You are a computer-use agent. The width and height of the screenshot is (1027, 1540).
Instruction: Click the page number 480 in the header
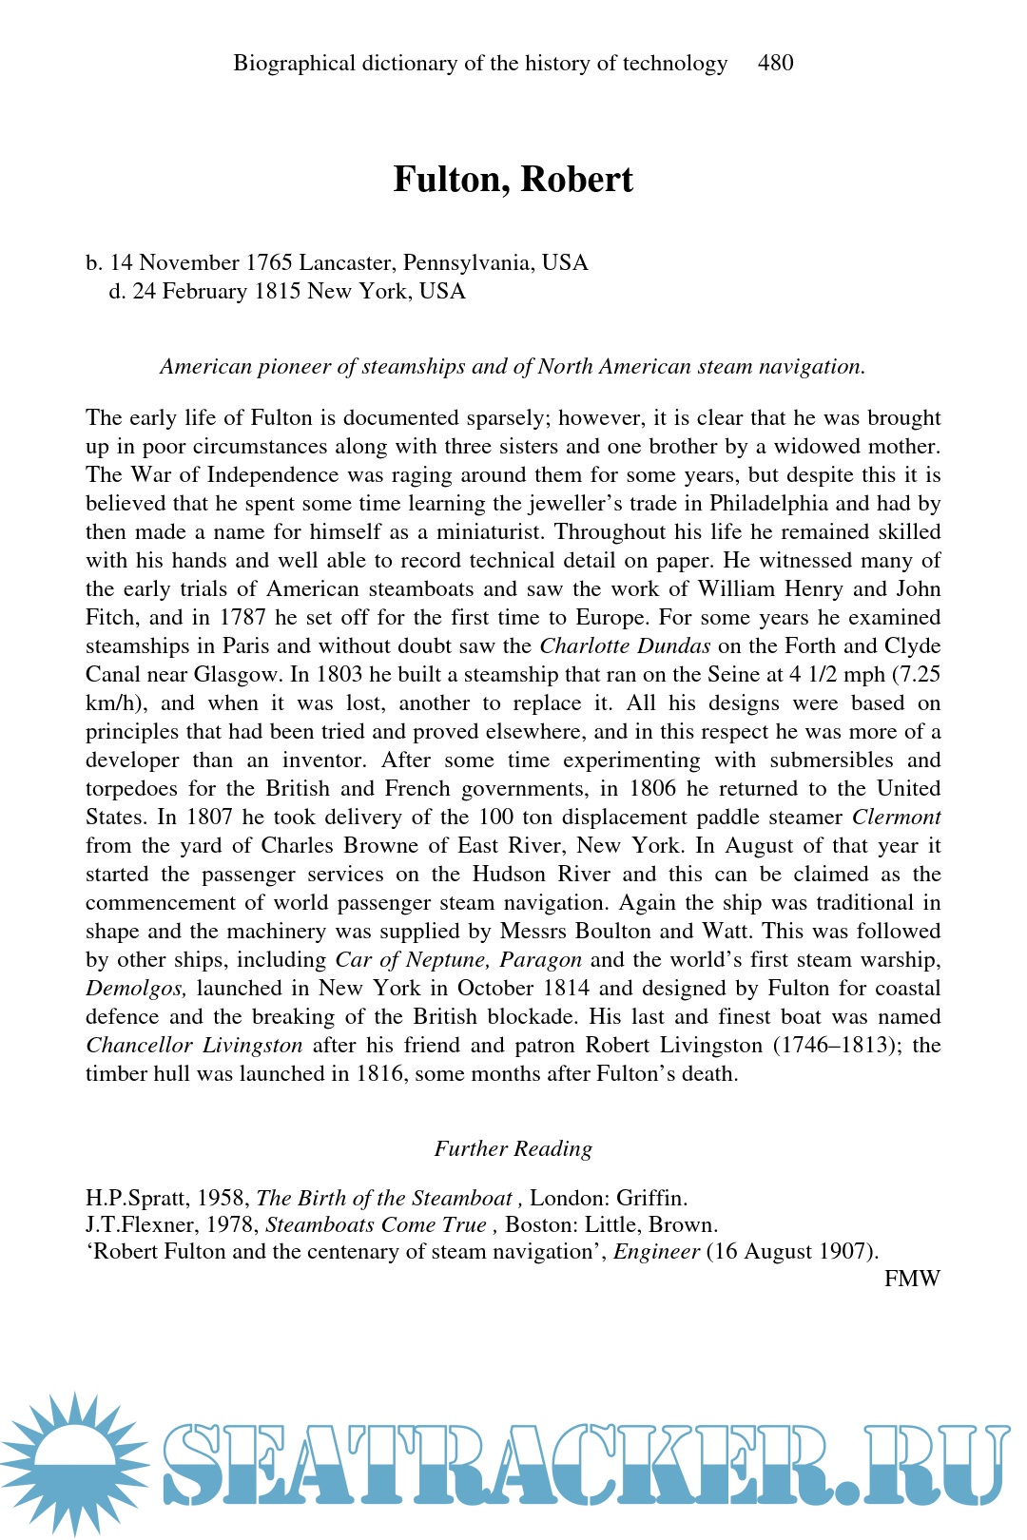pos(775,64)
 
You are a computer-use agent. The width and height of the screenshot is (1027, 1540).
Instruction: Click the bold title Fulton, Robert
pos(513,180)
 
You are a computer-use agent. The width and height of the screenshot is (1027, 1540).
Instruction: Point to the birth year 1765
pos(269,263)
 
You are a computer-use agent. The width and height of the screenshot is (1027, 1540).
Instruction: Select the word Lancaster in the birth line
pos(345,263)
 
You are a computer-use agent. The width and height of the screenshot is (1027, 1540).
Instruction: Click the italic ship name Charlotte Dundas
pos(625,646)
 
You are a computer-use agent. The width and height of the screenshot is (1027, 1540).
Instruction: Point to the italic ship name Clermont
pos(896,818)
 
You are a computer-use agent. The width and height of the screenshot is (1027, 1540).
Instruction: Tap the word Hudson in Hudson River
pos(510,875)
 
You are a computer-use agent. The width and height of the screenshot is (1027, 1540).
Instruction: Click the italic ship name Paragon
pos(540,960)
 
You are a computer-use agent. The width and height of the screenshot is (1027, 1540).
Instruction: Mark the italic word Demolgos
pos(135,989)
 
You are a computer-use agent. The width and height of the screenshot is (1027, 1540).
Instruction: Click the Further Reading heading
pos(513,1149)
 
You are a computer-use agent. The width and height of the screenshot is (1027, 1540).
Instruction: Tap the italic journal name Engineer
pos(656,1252)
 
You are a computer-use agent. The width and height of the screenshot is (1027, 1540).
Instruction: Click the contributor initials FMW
pos(911,1279)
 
